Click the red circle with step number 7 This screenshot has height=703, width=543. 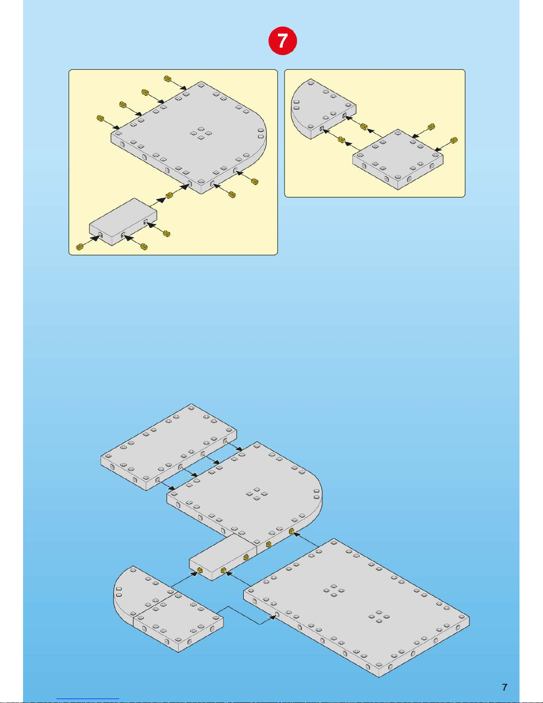coord(282,41)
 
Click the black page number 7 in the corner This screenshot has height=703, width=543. coord(504,687)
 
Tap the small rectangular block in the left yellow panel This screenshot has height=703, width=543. coord(123,222)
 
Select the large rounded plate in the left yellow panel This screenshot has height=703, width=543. coord(189,137)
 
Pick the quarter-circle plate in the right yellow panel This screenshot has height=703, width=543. coord(323,109)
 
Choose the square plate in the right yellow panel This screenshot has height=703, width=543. coord(398,160)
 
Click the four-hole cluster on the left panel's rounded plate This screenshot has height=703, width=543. coord(201,133)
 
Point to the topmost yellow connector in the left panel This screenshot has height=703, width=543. coord(167,78)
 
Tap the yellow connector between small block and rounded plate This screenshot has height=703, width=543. coord(169,195)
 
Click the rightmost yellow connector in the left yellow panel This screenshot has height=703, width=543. coord(255,181)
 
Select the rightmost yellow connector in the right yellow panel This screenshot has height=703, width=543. coord(454,140)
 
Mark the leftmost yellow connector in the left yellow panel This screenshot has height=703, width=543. coord(80,247)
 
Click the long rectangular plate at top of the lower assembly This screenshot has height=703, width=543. coord(169,447)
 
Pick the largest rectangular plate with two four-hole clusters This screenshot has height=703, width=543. coord(356,608)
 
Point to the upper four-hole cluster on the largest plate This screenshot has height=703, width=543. coord(334,590)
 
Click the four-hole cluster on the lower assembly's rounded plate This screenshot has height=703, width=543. coord(257,494)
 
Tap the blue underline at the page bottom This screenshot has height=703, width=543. coord(88,699)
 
